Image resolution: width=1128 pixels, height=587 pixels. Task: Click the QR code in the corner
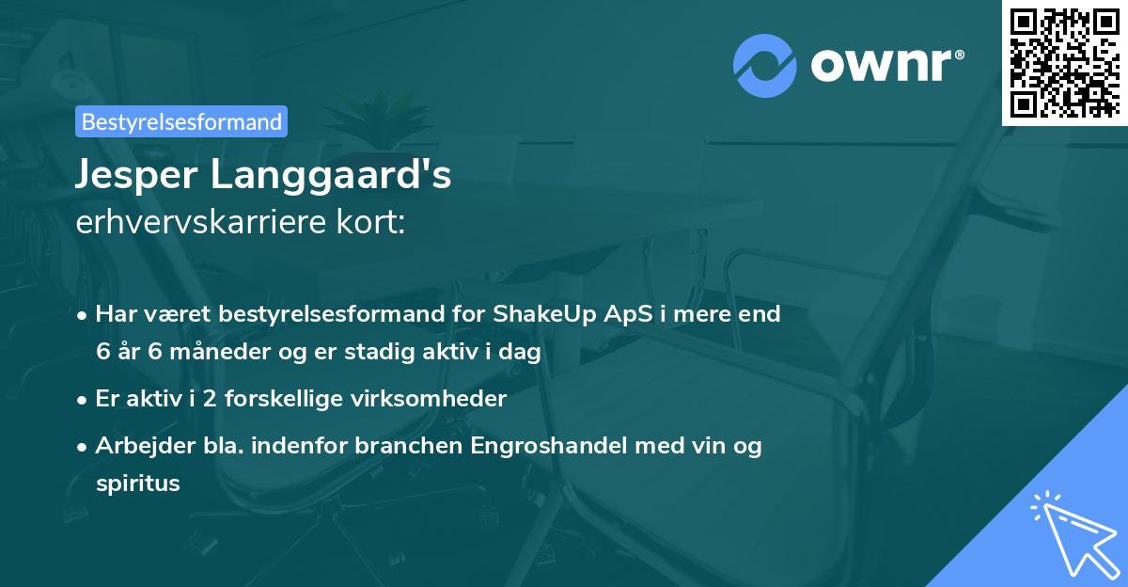tap(1065, 62)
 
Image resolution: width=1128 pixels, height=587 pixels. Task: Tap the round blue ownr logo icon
tap(764, 65)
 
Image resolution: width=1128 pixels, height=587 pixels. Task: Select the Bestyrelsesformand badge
tap(181, 121)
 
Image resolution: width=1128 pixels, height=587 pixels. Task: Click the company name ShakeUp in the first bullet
tap(539, 314)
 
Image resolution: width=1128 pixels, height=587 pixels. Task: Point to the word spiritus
tap(137, 484)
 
